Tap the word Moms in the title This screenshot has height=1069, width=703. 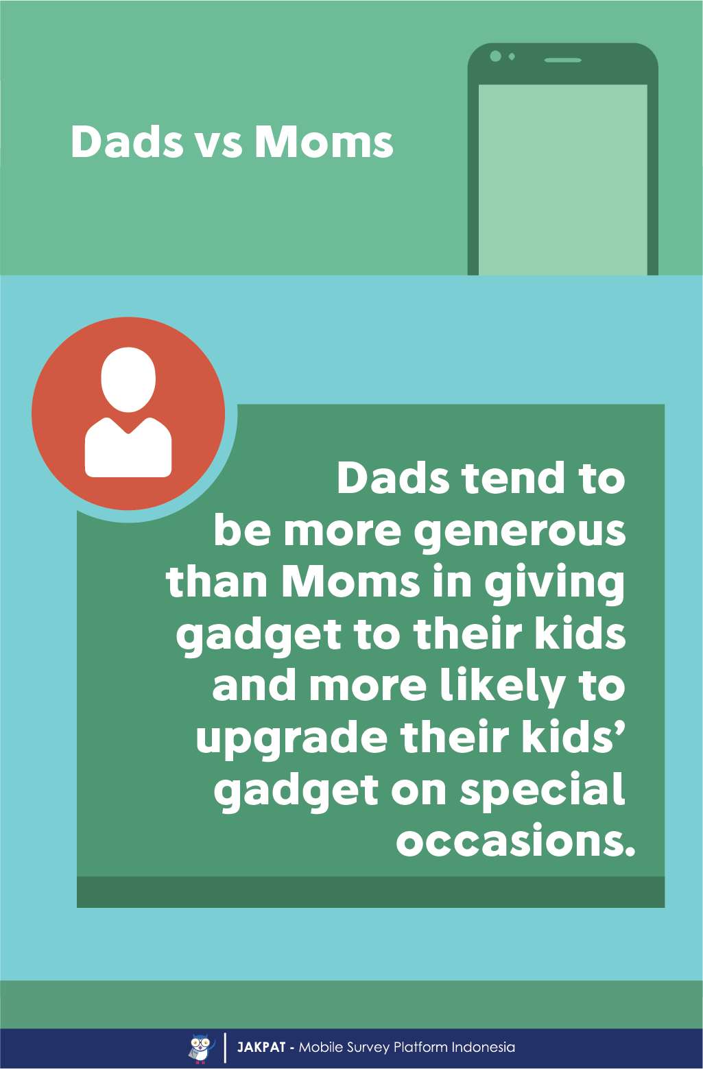[x=324, y=142]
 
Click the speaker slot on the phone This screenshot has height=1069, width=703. [x=563, y=60]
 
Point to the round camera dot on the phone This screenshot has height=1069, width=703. [x=496, y=56]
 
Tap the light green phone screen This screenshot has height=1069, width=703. [x=562, y=180]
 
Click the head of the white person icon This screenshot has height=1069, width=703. [x=128, y=379]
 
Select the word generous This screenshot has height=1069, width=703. [x=520, y=532]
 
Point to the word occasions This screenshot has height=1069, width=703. [x=516, y=841]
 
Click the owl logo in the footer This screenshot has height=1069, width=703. [x=201, y=1048]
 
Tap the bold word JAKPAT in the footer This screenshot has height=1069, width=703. [x=261, y=1048]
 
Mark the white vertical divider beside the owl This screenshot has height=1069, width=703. [x=225, y=1048]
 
